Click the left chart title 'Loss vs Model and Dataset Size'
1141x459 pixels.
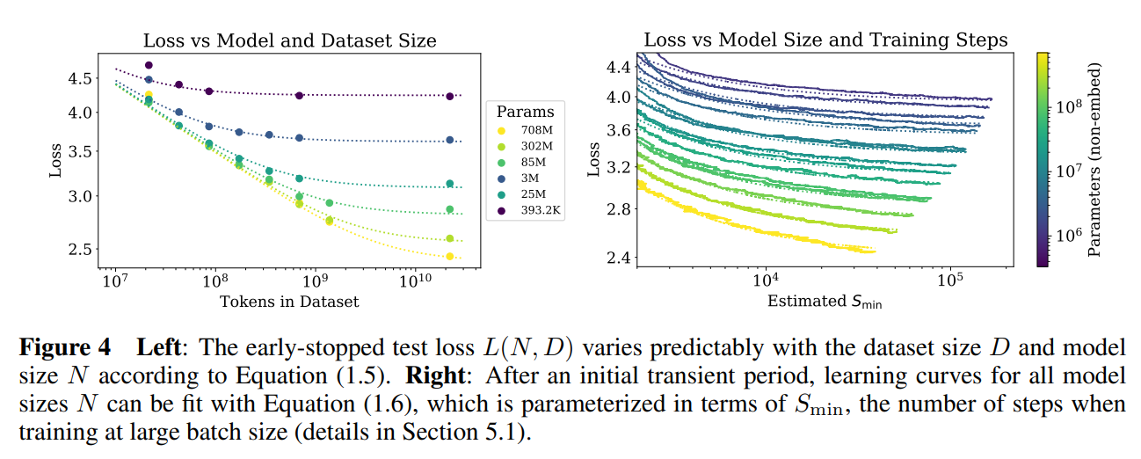click(x=289, y=40)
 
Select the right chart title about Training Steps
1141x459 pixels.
click(x=825, y=40)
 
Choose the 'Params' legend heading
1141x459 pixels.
click(x=525, y=112)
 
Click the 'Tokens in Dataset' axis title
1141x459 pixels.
click(x=289, y=302)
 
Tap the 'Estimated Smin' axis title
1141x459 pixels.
click(x=825, y=302)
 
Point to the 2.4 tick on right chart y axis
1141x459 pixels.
click(x=619, y=258)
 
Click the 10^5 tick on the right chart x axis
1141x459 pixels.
click(x=951, y=282)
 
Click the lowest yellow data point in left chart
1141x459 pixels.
click(x=449, y=256)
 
